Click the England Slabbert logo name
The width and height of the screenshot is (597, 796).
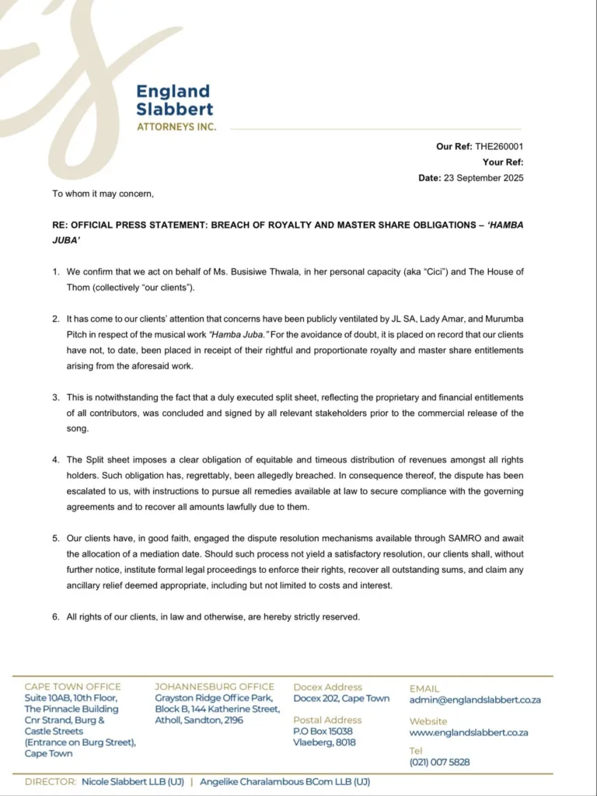(174, 100)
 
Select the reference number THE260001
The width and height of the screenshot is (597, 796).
(499, 146)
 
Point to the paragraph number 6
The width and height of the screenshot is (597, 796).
(56, 616)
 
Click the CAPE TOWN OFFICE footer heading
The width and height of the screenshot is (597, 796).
(72, 686)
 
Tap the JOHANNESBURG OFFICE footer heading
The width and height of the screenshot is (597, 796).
(215, 686)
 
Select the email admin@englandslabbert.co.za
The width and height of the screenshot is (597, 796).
(475, 700)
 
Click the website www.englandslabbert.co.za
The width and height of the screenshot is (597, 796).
(469, 732)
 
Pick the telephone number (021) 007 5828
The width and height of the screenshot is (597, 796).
(439, 762)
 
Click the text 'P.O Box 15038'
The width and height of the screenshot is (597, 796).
(323, 731)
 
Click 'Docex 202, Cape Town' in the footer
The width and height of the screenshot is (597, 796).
(341, 698)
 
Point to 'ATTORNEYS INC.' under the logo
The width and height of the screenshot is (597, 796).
(176, 127)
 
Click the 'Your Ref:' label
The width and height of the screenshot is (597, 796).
(503, 162)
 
